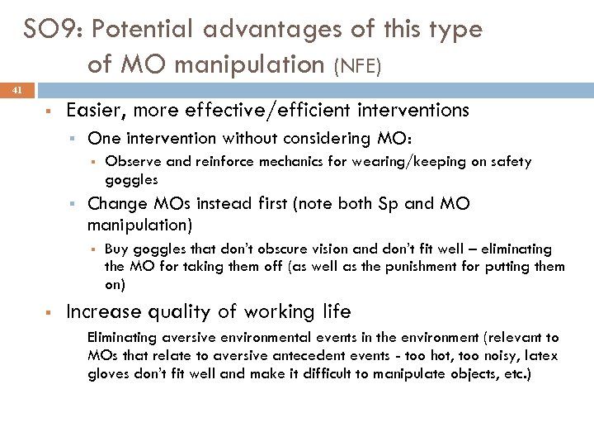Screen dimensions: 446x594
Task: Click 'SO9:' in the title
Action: pos(54,30)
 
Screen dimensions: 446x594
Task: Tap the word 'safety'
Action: pos(511,162)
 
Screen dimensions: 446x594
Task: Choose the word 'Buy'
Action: pos(115,249)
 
